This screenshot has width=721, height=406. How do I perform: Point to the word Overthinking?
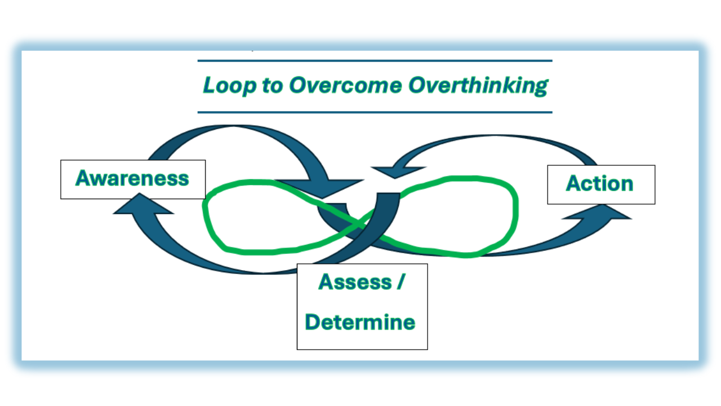(478, 86)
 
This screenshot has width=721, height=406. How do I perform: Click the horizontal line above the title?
(375, 60)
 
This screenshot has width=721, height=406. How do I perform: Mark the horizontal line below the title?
(375, 112)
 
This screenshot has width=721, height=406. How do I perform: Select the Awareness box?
(133, 179)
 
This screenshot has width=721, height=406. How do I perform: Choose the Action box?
(601, 184)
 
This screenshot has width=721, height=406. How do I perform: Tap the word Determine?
(360, 322)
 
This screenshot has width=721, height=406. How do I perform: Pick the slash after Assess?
(399, 282)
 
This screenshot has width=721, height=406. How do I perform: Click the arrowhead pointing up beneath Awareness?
(143, 205)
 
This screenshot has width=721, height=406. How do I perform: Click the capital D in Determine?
(313, 322)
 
